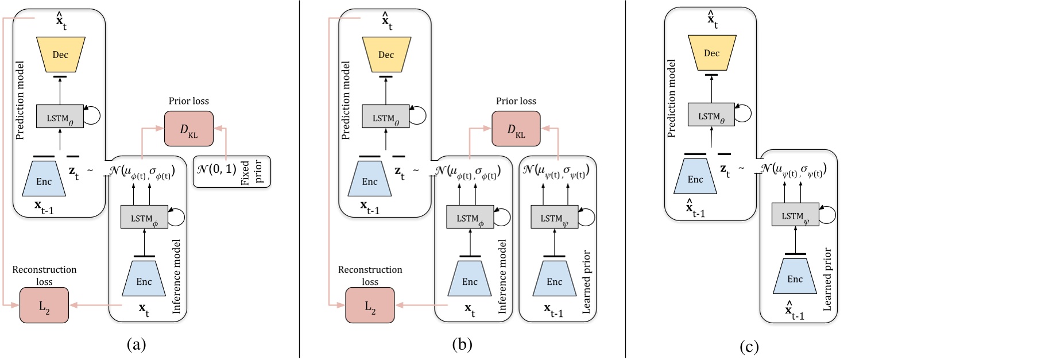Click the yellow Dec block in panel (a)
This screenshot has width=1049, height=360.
click(60, 55)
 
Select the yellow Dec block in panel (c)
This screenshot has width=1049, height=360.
click(711, 53)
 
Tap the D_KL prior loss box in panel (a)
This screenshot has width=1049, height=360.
click(189, 129)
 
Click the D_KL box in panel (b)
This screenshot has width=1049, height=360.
click(516, 129)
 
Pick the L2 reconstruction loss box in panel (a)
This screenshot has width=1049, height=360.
click(44, 305)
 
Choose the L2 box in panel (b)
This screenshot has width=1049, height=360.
click(370, 305)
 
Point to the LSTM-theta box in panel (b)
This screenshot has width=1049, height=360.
click(385, 117)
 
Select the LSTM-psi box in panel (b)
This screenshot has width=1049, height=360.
click(554, 218)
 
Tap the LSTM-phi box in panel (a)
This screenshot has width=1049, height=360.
click(144, 218)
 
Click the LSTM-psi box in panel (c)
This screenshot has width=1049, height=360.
click(795, 215)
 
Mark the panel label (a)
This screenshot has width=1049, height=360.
click(136, 344)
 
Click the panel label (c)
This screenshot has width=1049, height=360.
click(749, 347)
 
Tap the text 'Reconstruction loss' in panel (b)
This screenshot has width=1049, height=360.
click(370, 275)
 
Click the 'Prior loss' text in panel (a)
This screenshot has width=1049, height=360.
click(189, 101)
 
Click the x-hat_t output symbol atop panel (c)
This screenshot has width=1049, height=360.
click(712, 20)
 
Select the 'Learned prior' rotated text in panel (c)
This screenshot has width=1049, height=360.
click(827, 279)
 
